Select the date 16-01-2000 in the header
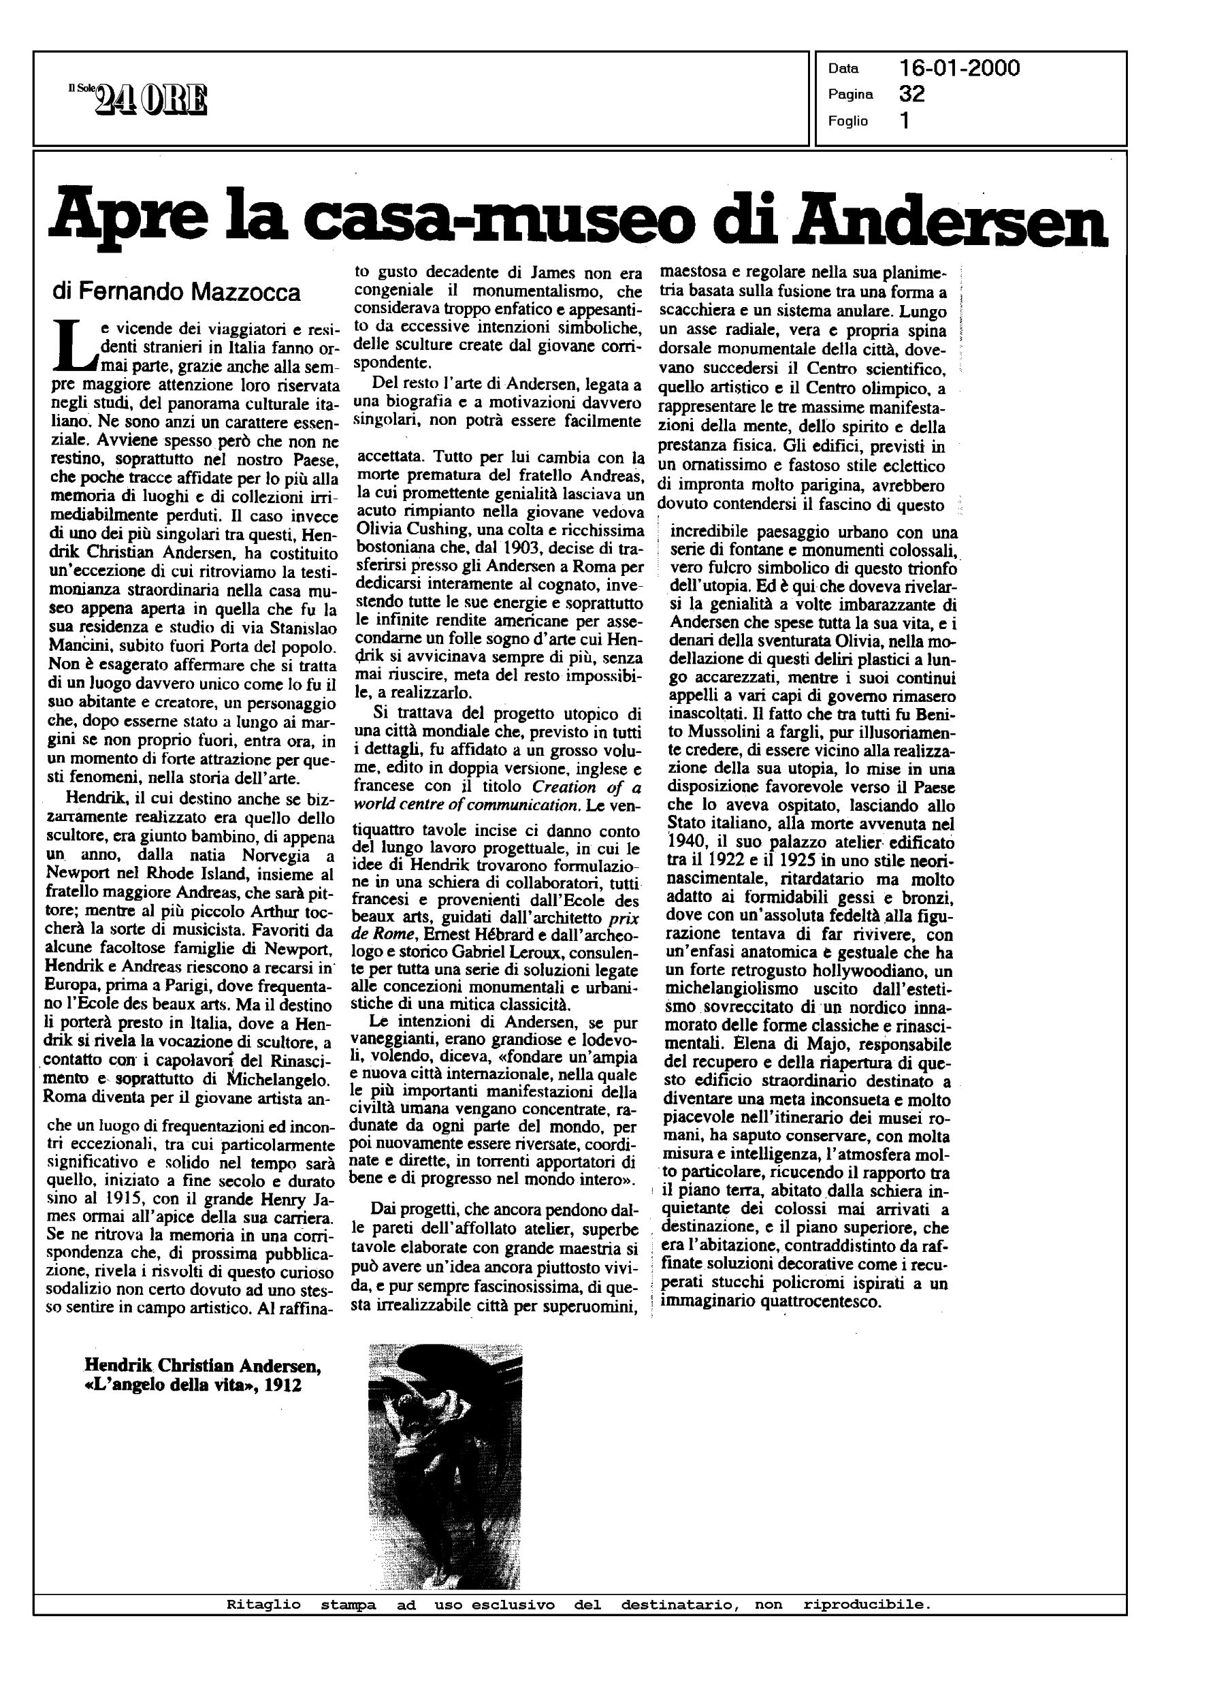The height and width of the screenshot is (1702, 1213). [960, 69]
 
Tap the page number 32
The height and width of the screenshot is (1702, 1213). [912, 94]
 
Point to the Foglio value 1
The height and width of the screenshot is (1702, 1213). [905, 121]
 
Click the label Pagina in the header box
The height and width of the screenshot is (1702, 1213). [850, 95]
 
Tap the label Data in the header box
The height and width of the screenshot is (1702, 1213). [843, 69]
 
